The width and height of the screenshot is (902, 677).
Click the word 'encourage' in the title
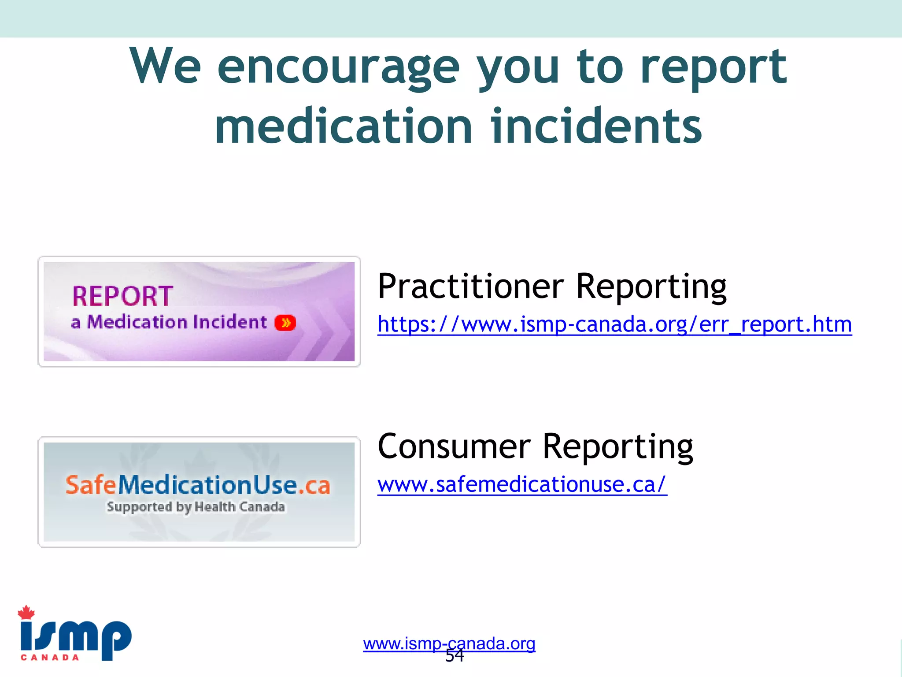point(338,67)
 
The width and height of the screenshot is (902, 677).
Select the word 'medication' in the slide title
point(344,126)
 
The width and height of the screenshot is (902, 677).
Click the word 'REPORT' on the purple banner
point(122,296)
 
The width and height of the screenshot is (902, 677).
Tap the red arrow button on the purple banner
point(285,323)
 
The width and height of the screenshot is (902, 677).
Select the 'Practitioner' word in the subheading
point(470,286)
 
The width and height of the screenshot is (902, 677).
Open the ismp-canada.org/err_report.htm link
point(614,325)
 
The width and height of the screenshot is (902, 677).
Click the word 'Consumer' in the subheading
point(454,446)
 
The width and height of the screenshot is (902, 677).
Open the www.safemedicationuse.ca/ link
point(522,485)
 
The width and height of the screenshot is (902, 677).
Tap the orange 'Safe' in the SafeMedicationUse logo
point(91,485)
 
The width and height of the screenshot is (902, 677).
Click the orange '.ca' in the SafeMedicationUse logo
point(314,486)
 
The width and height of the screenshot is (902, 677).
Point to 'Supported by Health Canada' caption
point(196,507)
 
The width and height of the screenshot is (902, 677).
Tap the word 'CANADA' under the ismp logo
point(50,658)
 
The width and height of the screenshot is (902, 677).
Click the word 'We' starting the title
point(165,67)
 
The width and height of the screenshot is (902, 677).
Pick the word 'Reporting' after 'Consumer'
point(617,446)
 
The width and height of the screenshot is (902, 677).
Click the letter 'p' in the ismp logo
point(115,639)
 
